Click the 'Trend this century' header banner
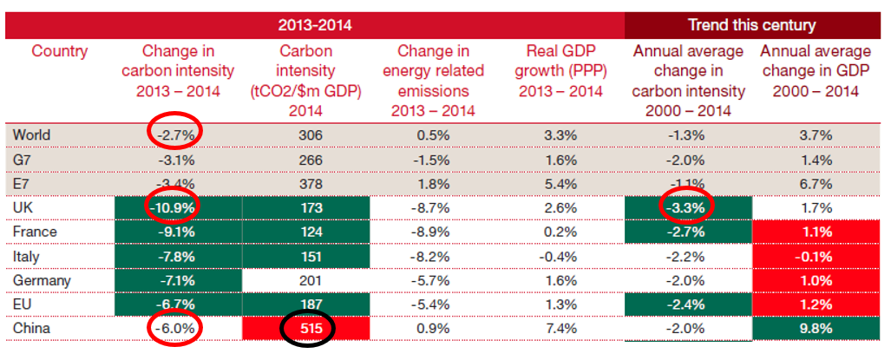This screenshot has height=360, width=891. (x=751, y=24)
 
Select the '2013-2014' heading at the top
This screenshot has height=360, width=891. (x=315, y=24)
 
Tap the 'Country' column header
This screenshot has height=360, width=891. (x=60, y=51)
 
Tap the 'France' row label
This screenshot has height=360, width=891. (x=36, y=233)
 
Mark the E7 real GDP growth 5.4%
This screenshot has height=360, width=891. (x=559, y=184)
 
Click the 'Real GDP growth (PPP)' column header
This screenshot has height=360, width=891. (x=559, y=70)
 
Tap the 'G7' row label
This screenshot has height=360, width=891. (x=25, y=160)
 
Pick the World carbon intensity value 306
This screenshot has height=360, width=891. (x=310, y=134)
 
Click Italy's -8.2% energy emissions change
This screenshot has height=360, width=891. (x=433, y=258)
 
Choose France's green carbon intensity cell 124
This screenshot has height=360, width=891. (x=310, y=233)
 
